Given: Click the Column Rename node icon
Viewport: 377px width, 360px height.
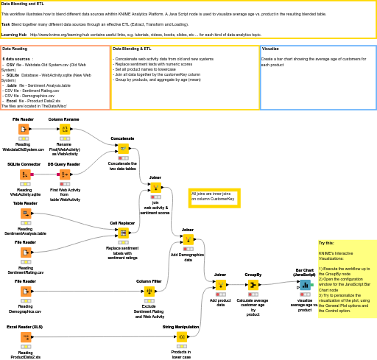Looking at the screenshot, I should click(x=64, y=130).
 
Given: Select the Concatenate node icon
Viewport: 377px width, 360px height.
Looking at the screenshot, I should click(x=122, y=149).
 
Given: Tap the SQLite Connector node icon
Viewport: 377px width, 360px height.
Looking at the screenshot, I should click(x=24, y=174).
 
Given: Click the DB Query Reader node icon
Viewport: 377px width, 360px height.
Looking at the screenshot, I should click(x=64, y=174).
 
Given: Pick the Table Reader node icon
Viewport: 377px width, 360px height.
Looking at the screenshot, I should click(x=25, y=213).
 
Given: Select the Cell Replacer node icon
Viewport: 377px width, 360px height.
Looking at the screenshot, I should click(x=122, y=233).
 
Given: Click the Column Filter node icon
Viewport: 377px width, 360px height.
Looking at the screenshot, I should click(x=149, y=292).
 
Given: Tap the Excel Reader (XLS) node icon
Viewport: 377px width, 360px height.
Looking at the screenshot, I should click(x=25, y=336).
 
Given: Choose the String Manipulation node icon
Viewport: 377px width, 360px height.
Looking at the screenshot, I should click(x=180, y=336).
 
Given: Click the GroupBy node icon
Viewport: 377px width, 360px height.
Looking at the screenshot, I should click(x=253, y=285).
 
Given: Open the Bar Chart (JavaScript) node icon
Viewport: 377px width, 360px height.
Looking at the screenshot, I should click(x=304, y=285).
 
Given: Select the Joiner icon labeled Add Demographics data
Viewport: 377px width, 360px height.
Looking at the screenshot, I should click(x=188, y=240).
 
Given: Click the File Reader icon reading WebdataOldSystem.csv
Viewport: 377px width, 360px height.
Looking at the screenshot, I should click(x=24, y=130).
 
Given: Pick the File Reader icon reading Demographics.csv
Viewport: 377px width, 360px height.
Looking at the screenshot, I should click(x=25, y=292).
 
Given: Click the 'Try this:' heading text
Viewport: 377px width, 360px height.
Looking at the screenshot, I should click(x=326, y=243).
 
